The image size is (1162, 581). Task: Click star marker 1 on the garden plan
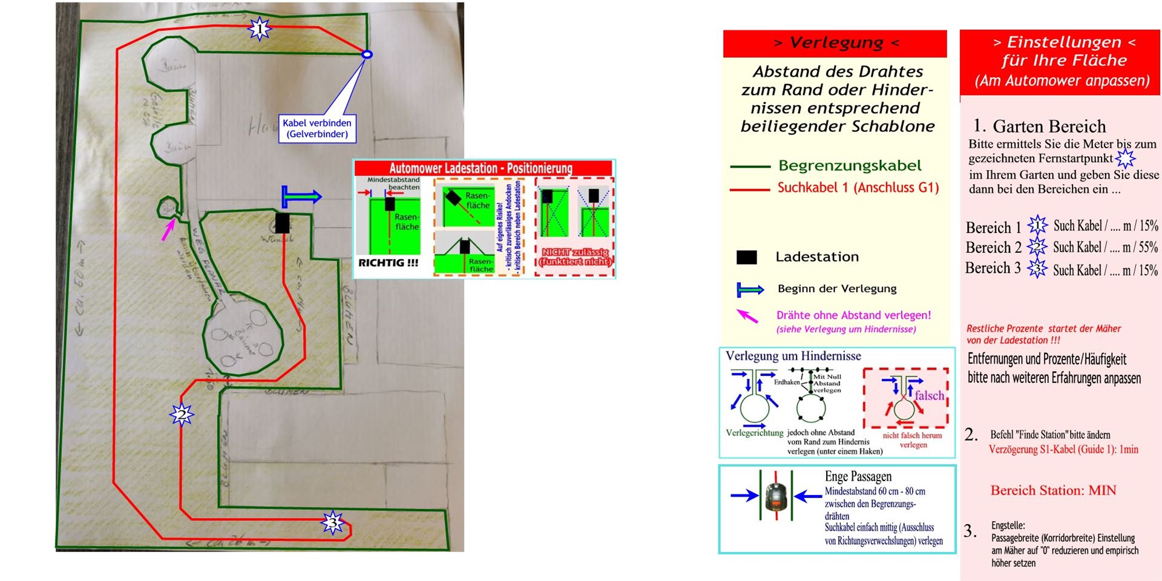click(x=260, y=28)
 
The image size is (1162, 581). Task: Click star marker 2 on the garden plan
click(x=182, y=415)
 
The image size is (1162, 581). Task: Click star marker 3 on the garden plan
click(x=332, y=522)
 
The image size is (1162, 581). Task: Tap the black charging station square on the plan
click(x=282, y=223)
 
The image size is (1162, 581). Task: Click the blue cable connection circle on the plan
click(x=366, y=54)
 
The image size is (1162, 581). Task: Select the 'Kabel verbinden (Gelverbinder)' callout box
click(x=317, y=128)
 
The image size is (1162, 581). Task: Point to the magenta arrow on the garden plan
click(x=168, y=229)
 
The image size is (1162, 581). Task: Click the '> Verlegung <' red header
click(x=835, y=43)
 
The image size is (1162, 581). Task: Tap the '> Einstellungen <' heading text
click(x=1064, y=42)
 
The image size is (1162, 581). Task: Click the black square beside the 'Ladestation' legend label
click(x=746, y=257)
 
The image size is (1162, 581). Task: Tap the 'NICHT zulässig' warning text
click(x=575, y=257)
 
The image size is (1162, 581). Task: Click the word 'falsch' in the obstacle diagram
click(x=929, y=395)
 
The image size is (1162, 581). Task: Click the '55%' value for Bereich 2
click(x=1148, y=247)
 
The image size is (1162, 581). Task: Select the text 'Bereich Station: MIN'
click(x=1053, y=490)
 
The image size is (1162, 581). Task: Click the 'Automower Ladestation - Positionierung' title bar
click(x=483, y=168)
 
